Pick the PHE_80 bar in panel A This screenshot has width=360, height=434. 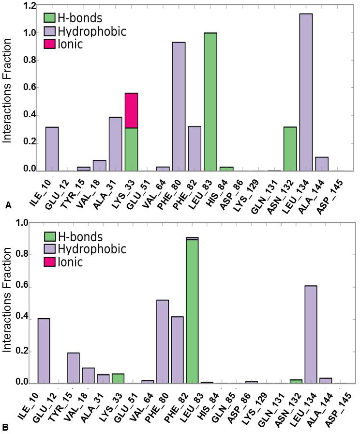tap(179, 107)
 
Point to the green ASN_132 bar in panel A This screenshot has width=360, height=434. tap(290, 149)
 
